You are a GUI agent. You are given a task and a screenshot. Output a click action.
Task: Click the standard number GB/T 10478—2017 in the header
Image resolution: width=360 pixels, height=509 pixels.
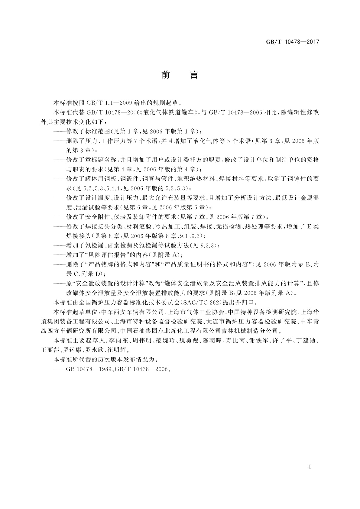292,42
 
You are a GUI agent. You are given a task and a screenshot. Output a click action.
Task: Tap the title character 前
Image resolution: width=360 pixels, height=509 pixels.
165,75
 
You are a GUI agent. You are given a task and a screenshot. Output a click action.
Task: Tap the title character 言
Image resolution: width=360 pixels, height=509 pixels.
194,75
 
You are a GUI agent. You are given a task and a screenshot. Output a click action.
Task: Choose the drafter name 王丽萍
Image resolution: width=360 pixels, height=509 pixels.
50,350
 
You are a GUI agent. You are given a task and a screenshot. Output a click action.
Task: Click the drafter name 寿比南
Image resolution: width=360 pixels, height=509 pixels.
236,341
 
